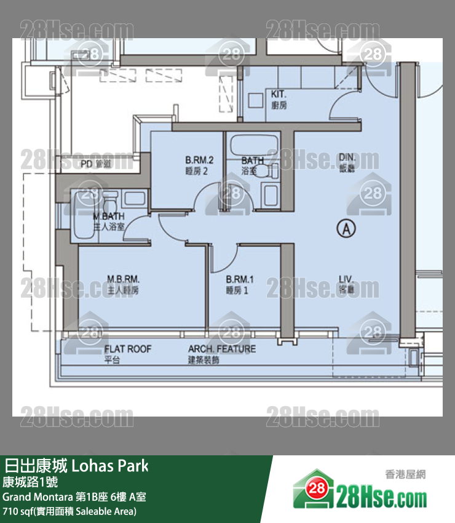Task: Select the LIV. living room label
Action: coord(346,284)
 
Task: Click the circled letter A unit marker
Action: coord(346,229)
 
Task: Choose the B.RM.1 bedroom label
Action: coord(240,285)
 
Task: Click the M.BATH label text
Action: coord(109,221)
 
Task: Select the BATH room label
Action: coord(252,165)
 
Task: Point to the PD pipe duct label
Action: coord(96,164)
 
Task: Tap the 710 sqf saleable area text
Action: coord(69,511)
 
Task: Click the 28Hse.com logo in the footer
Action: coord(360,492)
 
